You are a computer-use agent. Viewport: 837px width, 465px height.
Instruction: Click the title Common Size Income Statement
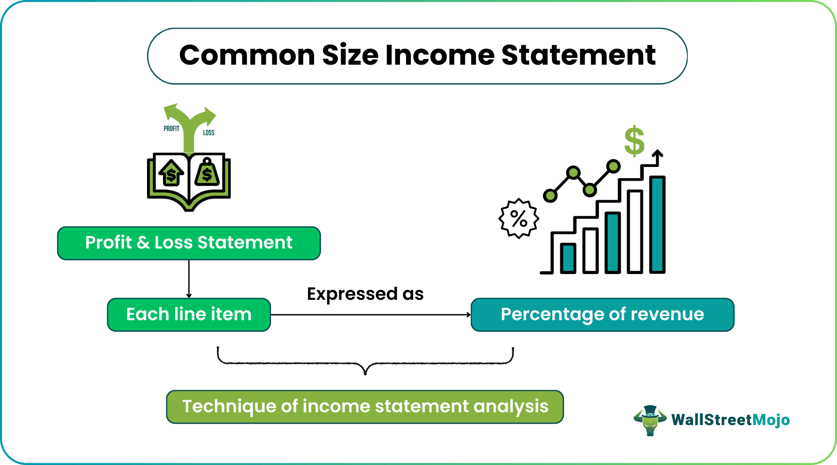[417, 56]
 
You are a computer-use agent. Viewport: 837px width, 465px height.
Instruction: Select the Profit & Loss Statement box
[189, 243]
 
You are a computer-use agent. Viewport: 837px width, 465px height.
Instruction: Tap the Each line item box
[189, 314]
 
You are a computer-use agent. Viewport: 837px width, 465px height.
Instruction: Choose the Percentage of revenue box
[602, 314]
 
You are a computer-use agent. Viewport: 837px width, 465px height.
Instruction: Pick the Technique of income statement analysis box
[365, 407]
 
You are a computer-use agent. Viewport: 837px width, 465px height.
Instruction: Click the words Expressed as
[365, 294]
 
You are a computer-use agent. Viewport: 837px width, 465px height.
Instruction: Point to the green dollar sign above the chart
[634, 141]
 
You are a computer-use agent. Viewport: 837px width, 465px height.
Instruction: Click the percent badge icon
[519, 218]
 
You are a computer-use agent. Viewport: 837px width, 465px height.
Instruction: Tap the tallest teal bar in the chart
[657, 224]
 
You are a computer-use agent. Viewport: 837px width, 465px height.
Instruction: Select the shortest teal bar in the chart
[568, 258]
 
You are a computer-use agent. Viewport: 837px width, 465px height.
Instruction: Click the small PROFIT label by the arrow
[171, 128]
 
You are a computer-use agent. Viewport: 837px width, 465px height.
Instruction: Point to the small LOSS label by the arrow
[209, 132]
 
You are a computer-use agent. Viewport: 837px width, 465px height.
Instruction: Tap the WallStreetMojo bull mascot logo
[650, 420]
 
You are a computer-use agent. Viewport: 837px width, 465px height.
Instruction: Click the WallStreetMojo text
[730, 420]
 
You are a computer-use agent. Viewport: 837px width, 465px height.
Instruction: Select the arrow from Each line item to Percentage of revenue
[370, 315]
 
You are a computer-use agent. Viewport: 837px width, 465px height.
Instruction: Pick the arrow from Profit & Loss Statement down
[189, 279]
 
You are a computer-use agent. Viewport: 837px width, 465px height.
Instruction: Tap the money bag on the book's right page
[207, 172]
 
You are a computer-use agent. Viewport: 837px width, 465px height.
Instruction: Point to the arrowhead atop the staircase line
[658, 154]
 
